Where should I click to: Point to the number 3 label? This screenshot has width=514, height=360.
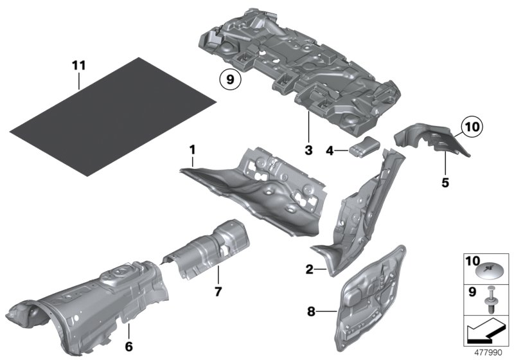click(x=308, y=151)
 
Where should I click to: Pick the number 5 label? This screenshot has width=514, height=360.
click(x=446, y=183)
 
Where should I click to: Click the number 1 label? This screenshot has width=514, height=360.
click(x=191, y=149)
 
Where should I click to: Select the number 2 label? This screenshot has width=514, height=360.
click(x=309, y=271)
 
